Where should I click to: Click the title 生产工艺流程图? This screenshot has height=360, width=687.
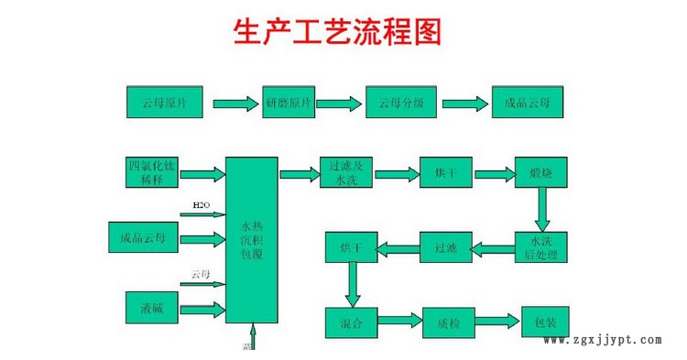(338, 33)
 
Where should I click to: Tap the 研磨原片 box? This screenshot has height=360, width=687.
(289, 102)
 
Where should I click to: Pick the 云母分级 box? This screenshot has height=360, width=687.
(401, 102)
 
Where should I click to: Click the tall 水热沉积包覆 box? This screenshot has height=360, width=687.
(252, 239)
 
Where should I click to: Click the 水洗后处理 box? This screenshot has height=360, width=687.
(539, 245)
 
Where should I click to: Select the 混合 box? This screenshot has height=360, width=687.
(352, 322)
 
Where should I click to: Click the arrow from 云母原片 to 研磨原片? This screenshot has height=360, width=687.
(235, 103)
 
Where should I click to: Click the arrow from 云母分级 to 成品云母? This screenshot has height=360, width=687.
(463, 103)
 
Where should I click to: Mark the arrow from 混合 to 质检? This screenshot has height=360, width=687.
(400, 322)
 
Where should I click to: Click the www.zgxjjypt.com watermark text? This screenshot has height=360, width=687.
(602, 340)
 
